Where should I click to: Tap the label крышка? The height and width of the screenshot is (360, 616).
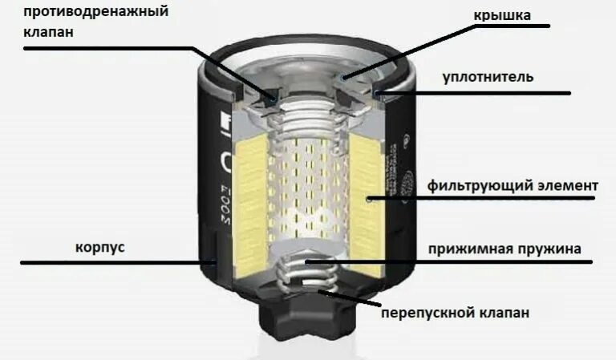coord(502,15)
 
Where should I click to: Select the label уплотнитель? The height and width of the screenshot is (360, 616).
coord(488,77)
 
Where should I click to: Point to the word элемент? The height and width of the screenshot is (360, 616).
coord(569,186)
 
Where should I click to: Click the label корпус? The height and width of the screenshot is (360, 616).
coord(100,248)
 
